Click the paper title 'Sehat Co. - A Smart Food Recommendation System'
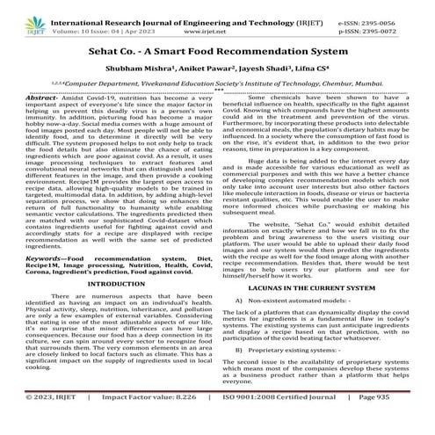coord(218,54)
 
